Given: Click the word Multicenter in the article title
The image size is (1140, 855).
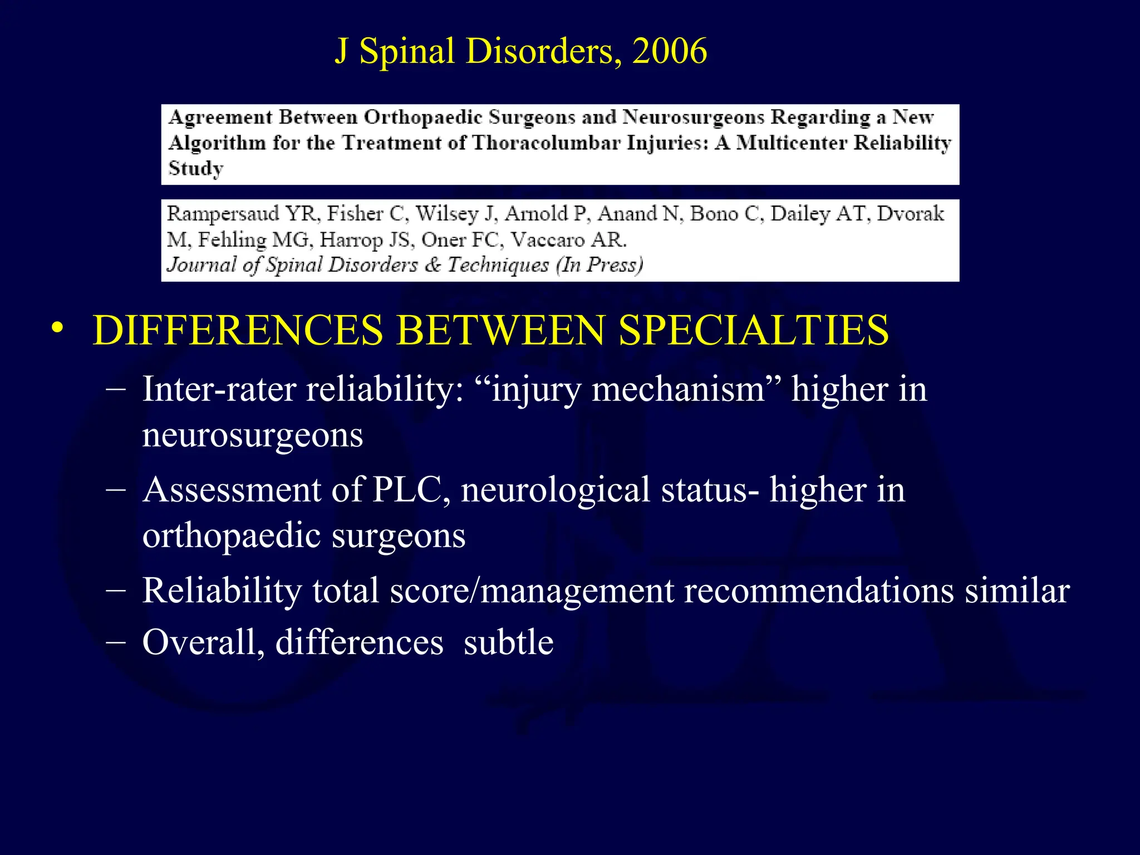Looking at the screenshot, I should [792, 143].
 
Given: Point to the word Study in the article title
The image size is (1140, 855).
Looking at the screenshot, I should [196, 168].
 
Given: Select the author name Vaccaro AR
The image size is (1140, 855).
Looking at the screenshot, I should [569, 240].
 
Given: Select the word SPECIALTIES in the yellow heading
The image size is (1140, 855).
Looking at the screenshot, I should [754, 331].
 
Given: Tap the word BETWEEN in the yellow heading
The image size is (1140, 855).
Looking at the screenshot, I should [501, 331].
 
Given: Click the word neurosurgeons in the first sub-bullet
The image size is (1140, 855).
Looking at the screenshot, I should [253, 435].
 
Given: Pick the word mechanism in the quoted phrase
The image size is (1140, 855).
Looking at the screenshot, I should [679, 389].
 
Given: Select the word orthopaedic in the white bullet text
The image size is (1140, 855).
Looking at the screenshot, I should [232, 535].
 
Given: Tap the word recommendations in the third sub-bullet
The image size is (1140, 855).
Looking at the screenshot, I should [819, 591].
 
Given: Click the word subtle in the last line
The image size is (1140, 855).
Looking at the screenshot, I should [508, 642].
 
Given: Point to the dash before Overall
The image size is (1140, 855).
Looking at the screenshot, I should [115, 641].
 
